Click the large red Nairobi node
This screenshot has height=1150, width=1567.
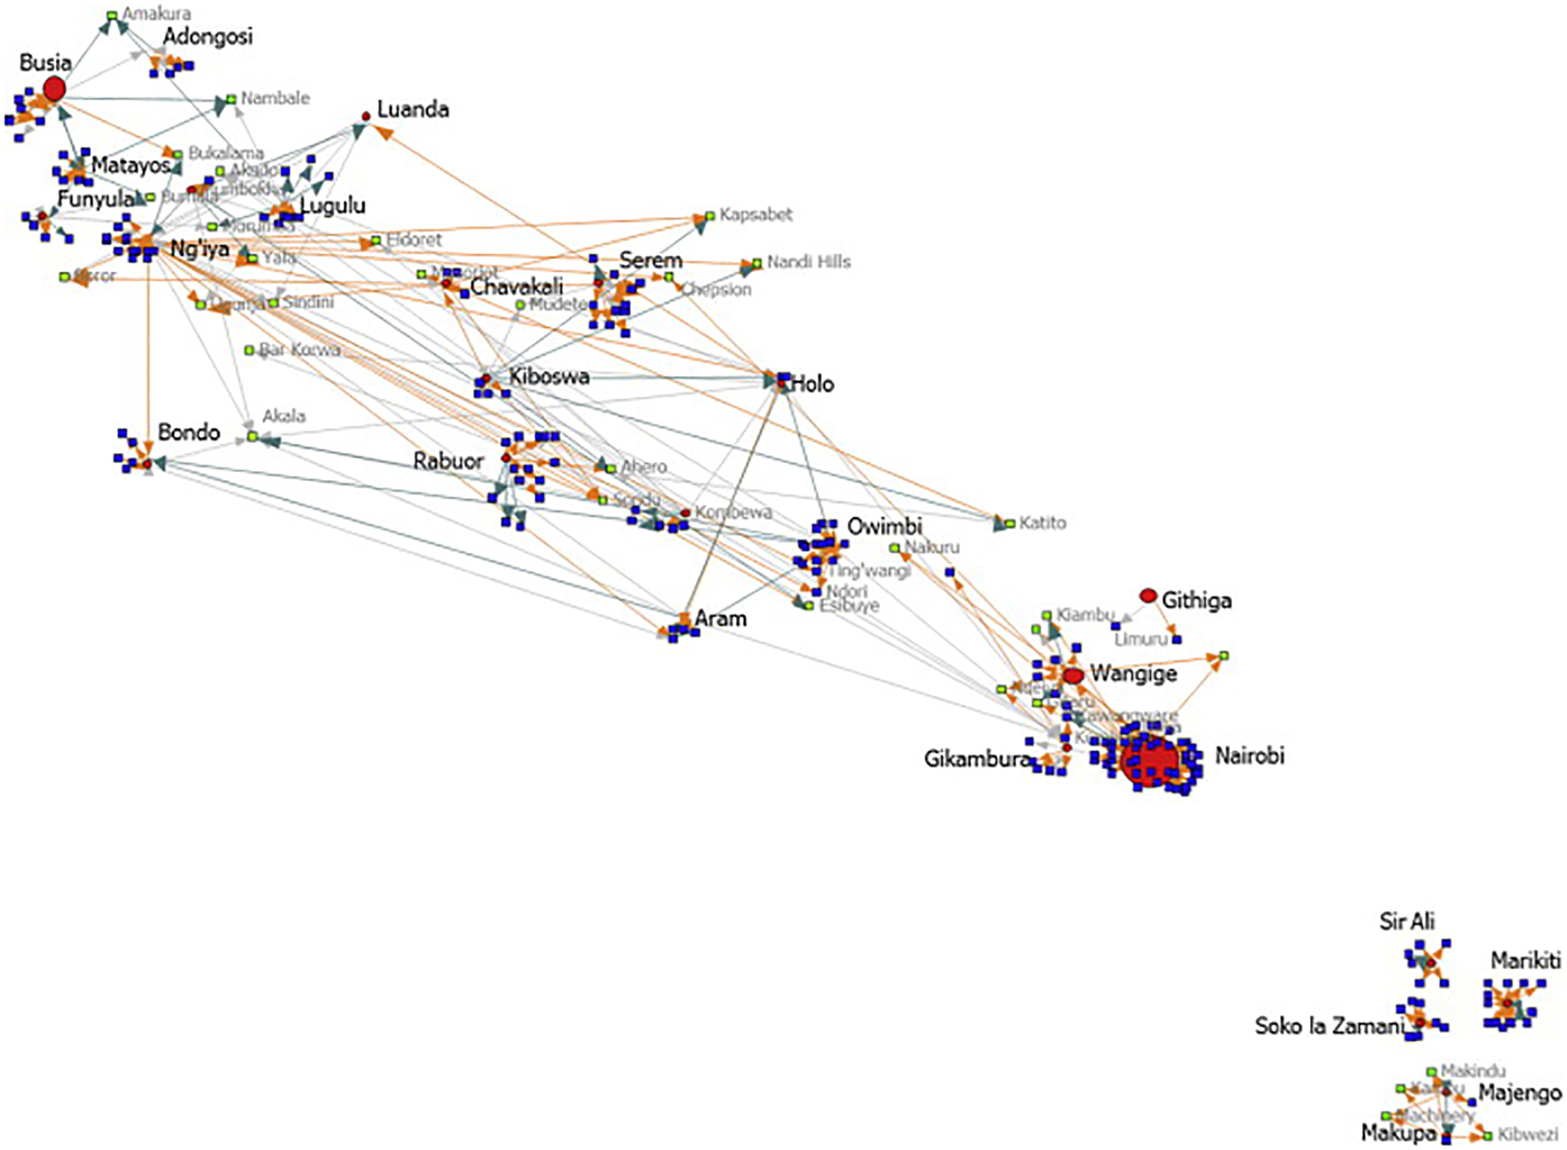click(1149, 759)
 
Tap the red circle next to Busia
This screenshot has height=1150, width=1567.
click(54, 89)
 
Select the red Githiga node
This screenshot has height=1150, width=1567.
click(1148, 596)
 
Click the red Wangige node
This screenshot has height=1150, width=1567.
click(1073, 676)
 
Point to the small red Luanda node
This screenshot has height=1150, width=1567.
click(367, 116)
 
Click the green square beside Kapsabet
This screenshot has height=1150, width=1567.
click(710, 216)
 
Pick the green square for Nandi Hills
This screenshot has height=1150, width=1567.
click(757, 263)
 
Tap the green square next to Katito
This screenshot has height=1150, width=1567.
click(1010, 524)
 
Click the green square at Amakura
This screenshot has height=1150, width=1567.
click(112, 16)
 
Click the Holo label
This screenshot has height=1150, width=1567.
click(811, 384)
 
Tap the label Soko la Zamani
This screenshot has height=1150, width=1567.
click(1328, 1026)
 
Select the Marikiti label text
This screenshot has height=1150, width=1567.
click(1525, 960)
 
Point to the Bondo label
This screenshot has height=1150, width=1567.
click(189, 433)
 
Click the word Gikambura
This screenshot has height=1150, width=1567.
click(976, 759)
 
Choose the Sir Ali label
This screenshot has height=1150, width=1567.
click(1407, 922)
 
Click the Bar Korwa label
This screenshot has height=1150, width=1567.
click(299, 350)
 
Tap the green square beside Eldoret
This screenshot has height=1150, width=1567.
click(376, 240)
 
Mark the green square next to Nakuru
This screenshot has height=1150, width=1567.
click(894, 548)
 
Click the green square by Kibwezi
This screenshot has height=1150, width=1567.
click(1488, 1135)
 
